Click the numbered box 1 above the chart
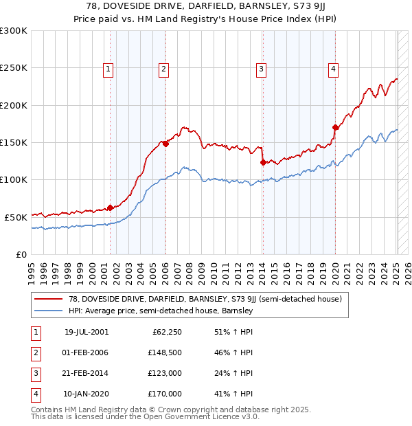109,68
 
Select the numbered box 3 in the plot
262,68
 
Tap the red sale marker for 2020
335,127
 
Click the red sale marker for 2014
263,162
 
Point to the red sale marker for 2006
165,144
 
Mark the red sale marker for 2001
110,208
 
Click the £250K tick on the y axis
14,68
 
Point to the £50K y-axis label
16,217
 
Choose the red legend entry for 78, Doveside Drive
200,299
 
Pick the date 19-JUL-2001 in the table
86,332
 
